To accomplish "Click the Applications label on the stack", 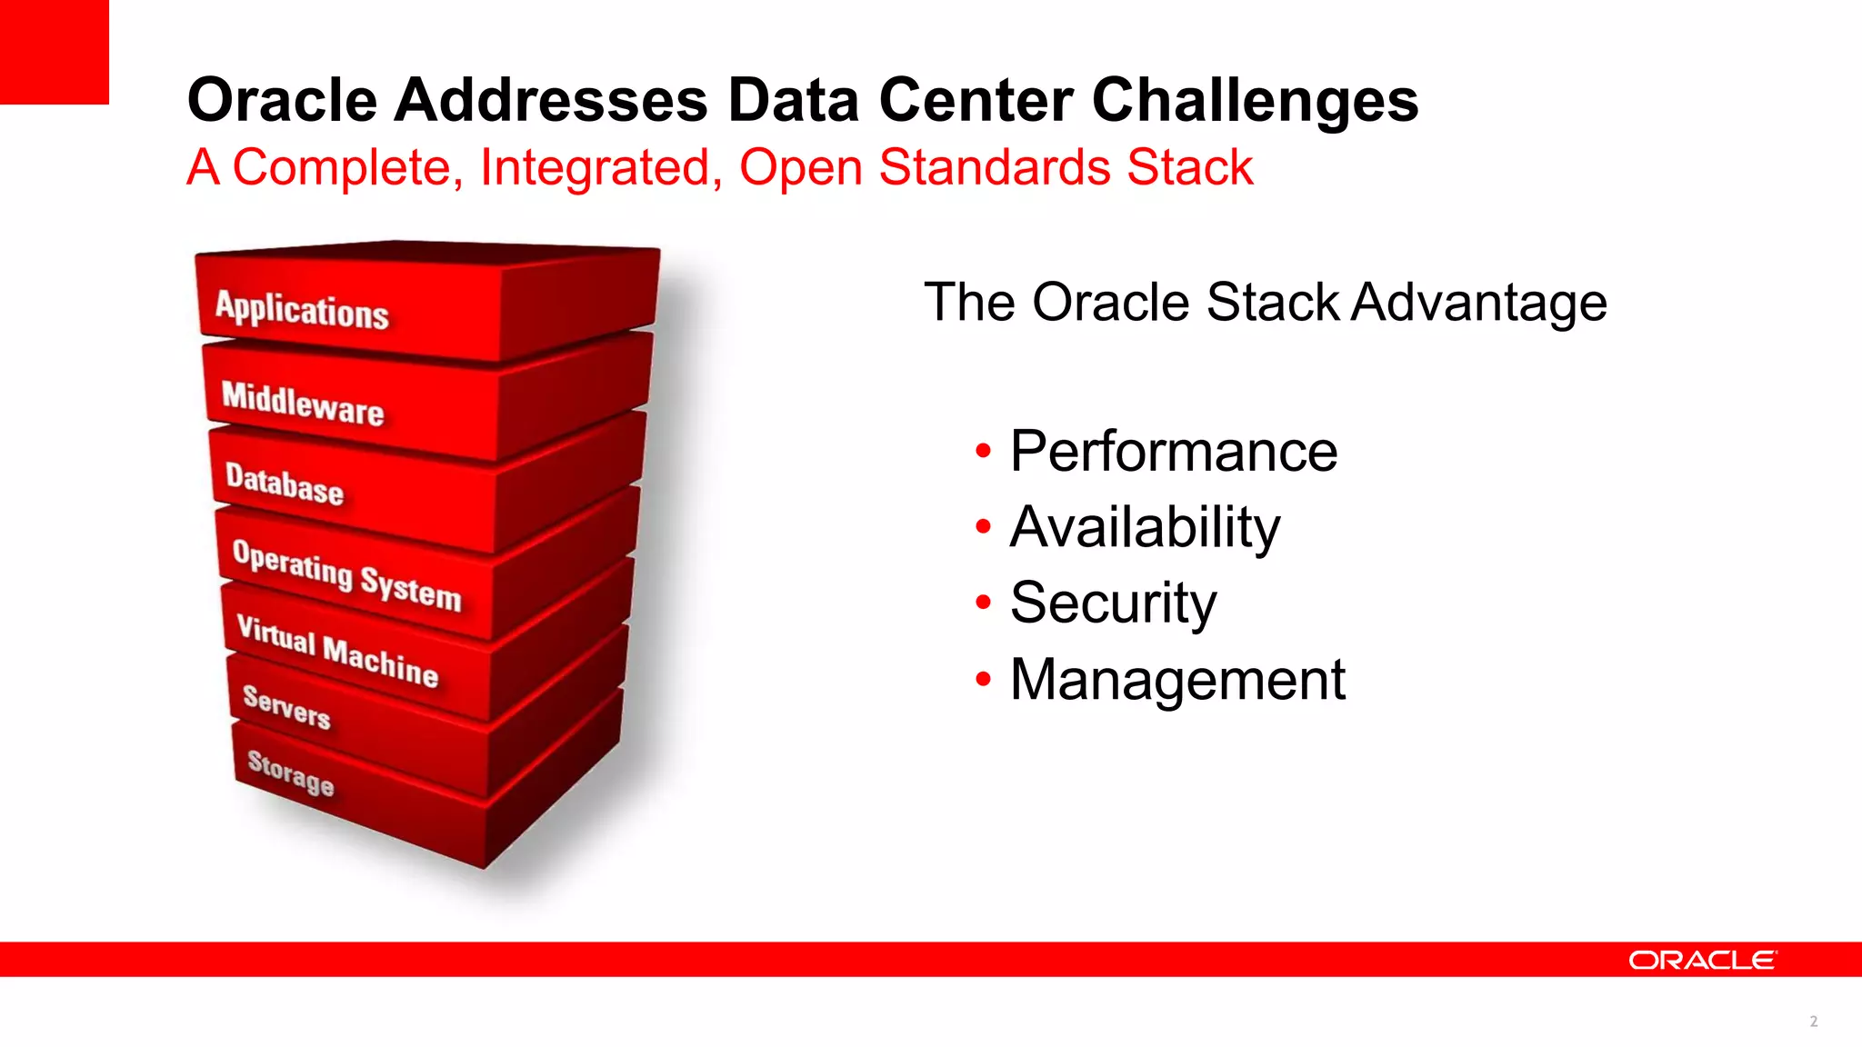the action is coord(302,310).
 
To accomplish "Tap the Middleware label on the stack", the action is coord(303,403).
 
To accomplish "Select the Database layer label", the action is coord(285,484).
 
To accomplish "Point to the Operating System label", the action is coord(346,575).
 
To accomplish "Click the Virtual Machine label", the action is coord(337,651).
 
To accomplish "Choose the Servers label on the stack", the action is coord(286,706).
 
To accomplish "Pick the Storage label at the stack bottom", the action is coord(291,773).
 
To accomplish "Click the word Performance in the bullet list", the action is coord(1173,451).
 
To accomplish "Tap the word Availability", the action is coord(1145,527).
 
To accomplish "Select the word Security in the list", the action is coord(1113,603).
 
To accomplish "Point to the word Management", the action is coord(1177,679).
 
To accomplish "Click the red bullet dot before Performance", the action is coord(982,451).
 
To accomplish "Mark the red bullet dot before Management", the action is coord(982,679).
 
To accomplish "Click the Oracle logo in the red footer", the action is coord(1701,961).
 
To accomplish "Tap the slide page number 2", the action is coord(1813,1022).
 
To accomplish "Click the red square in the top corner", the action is coord(54,52).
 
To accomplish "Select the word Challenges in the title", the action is coord(1255,100).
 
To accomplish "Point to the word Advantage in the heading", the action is coord(1479,302).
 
